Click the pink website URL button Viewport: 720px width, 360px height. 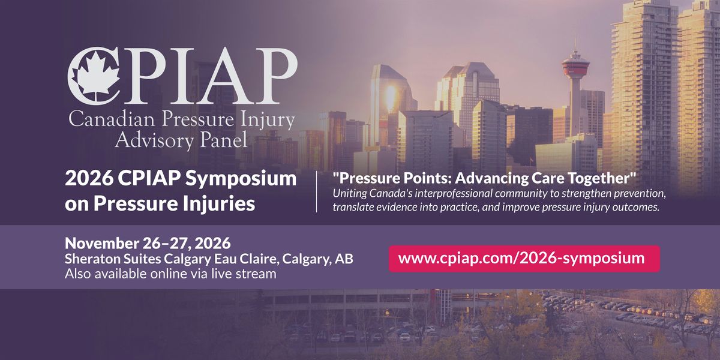pos(524,259)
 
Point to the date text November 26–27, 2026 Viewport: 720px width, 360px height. pos(148,244)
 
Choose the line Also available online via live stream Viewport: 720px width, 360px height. pos(170,274)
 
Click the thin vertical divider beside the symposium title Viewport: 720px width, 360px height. pos(317,191)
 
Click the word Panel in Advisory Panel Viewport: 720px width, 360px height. pos(224,140)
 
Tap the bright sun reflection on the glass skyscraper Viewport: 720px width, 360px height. pos(391,97)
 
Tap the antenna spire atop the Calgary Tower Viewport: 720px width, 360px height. pos(575,46)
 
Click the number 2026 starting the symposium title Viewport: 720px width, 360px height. pos(89,178)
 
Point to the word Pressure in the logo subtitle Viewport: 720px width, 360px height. pos(197,119)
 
